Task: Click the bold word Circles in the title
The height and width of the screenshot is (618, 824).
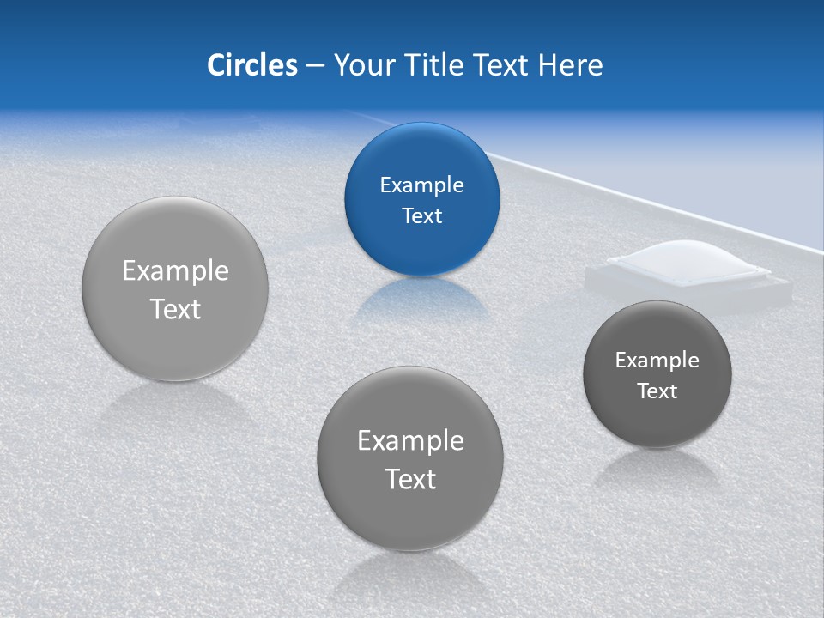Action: coord(251,64)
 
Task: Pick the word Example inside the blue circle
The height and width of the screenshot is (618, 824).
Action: coord(421,185)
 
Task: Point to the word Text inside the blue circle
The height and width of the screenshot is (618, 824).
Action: coord(421,215)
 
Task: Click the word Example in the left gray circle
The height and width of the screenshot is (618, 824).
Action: coord(175,271)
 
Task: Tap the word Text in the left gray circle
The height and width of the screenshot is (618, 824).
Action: coord(175,309)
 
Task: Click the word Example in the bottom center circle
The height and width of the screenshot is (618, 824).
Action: coord(410,441)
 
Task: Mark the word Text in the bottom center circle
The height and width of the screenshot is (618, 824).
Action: coord(410,479)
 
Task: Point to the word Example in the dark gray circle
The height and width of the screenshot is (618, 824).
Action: coord(657,360)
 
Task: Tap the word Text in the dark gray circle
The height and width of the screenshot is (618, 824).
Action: coord(657,391)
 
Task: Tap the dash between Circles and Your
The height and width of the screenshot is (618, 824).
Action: coord(315,65)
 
